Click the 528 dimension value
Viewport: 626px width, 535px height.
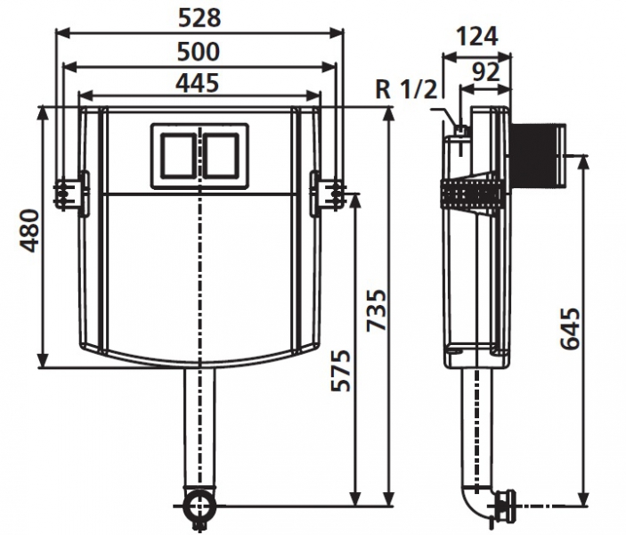(199, 18)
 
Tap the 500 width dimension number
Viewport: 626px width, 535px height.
(199, 52)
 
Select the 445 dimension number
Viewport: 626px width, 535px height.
(198, 83)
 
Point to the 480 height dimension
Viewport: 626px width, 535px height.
(30, 231)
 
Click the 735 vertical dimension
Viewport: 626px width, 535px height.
(377, 310)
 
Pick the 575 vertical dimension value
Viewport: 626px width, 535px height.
(341, 371)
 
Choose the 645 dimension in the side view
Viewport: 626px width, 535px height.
(570, 328)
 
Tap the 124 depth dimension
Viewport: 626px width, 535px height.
(477, 37)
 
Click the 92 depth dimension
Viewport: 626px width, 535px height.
(486, 72)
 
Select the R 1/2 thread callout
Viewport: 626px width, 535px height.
(407, 89)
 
